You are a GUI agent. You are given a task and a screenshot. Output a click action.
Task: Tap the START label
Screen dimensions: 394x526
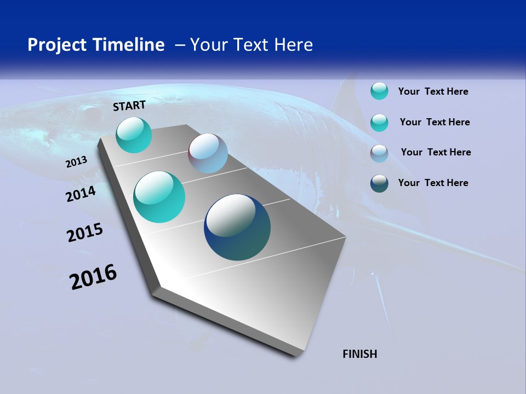[129, 106]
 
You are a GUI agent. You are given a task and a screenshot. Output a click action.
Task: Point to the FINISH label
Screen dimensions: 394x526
[359, 354]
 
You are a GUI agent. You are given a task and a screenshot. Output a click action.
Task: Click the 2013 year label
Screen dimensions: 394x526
[77, 162]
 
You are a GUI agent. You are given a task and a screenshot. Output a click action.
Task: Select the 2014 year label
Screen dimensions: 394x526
[81, 194]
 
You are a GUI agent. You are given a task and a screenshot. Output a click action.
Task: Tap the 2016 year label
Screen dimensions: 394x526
[93, 277]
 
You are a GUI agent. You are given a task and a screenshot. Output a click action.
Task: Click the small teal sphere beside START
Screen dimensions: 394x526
[134, 135]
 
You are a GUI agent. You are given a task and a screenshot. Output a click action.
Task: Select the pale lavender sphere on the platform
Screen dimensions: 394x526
[208, 153]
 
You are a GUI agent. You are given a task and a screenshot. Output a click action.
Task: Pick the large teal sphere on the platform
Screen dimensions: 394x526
[159, 197]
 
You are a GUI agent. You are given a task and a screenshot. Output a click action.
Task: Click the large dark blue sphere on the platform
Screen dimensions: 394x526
[237, 227]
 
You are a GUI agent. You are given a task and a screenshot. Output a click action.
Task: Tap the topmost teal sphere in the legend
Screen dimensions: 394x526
[379, 91]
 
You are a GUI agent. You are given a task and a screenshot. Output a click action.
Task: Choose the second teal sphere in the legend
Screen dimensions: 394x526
[379, 123]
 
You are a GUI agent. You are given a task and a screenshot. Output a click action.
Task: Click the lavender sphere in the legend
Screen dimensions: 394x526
[379, 153]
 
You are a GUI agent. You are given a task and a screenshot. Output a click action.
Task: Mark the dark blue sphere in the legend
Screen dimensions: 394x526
[379, 183]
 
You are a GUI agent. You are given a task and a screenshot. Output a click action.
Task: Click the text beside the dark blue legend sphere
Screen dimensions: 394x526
[433, 183]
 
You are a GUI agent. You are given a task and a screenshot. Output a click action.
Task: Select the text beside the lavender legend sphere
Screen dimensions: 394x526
[436, 152]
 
